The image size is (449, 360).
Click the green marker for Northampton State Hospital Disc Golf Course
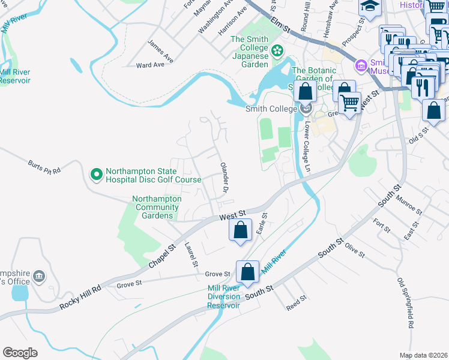95,175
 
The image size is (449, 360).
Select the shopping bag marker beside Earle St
240,230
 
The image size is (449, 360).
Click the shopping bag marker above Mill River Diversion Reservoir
247,272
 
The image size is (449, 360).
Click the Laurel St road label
191,254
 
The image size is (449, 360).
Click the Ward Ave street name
150,65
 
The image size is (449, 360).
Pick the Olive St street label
355,251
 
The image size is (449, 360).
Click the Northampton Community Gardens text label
157,207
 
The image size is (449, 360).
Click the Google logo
20,353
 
